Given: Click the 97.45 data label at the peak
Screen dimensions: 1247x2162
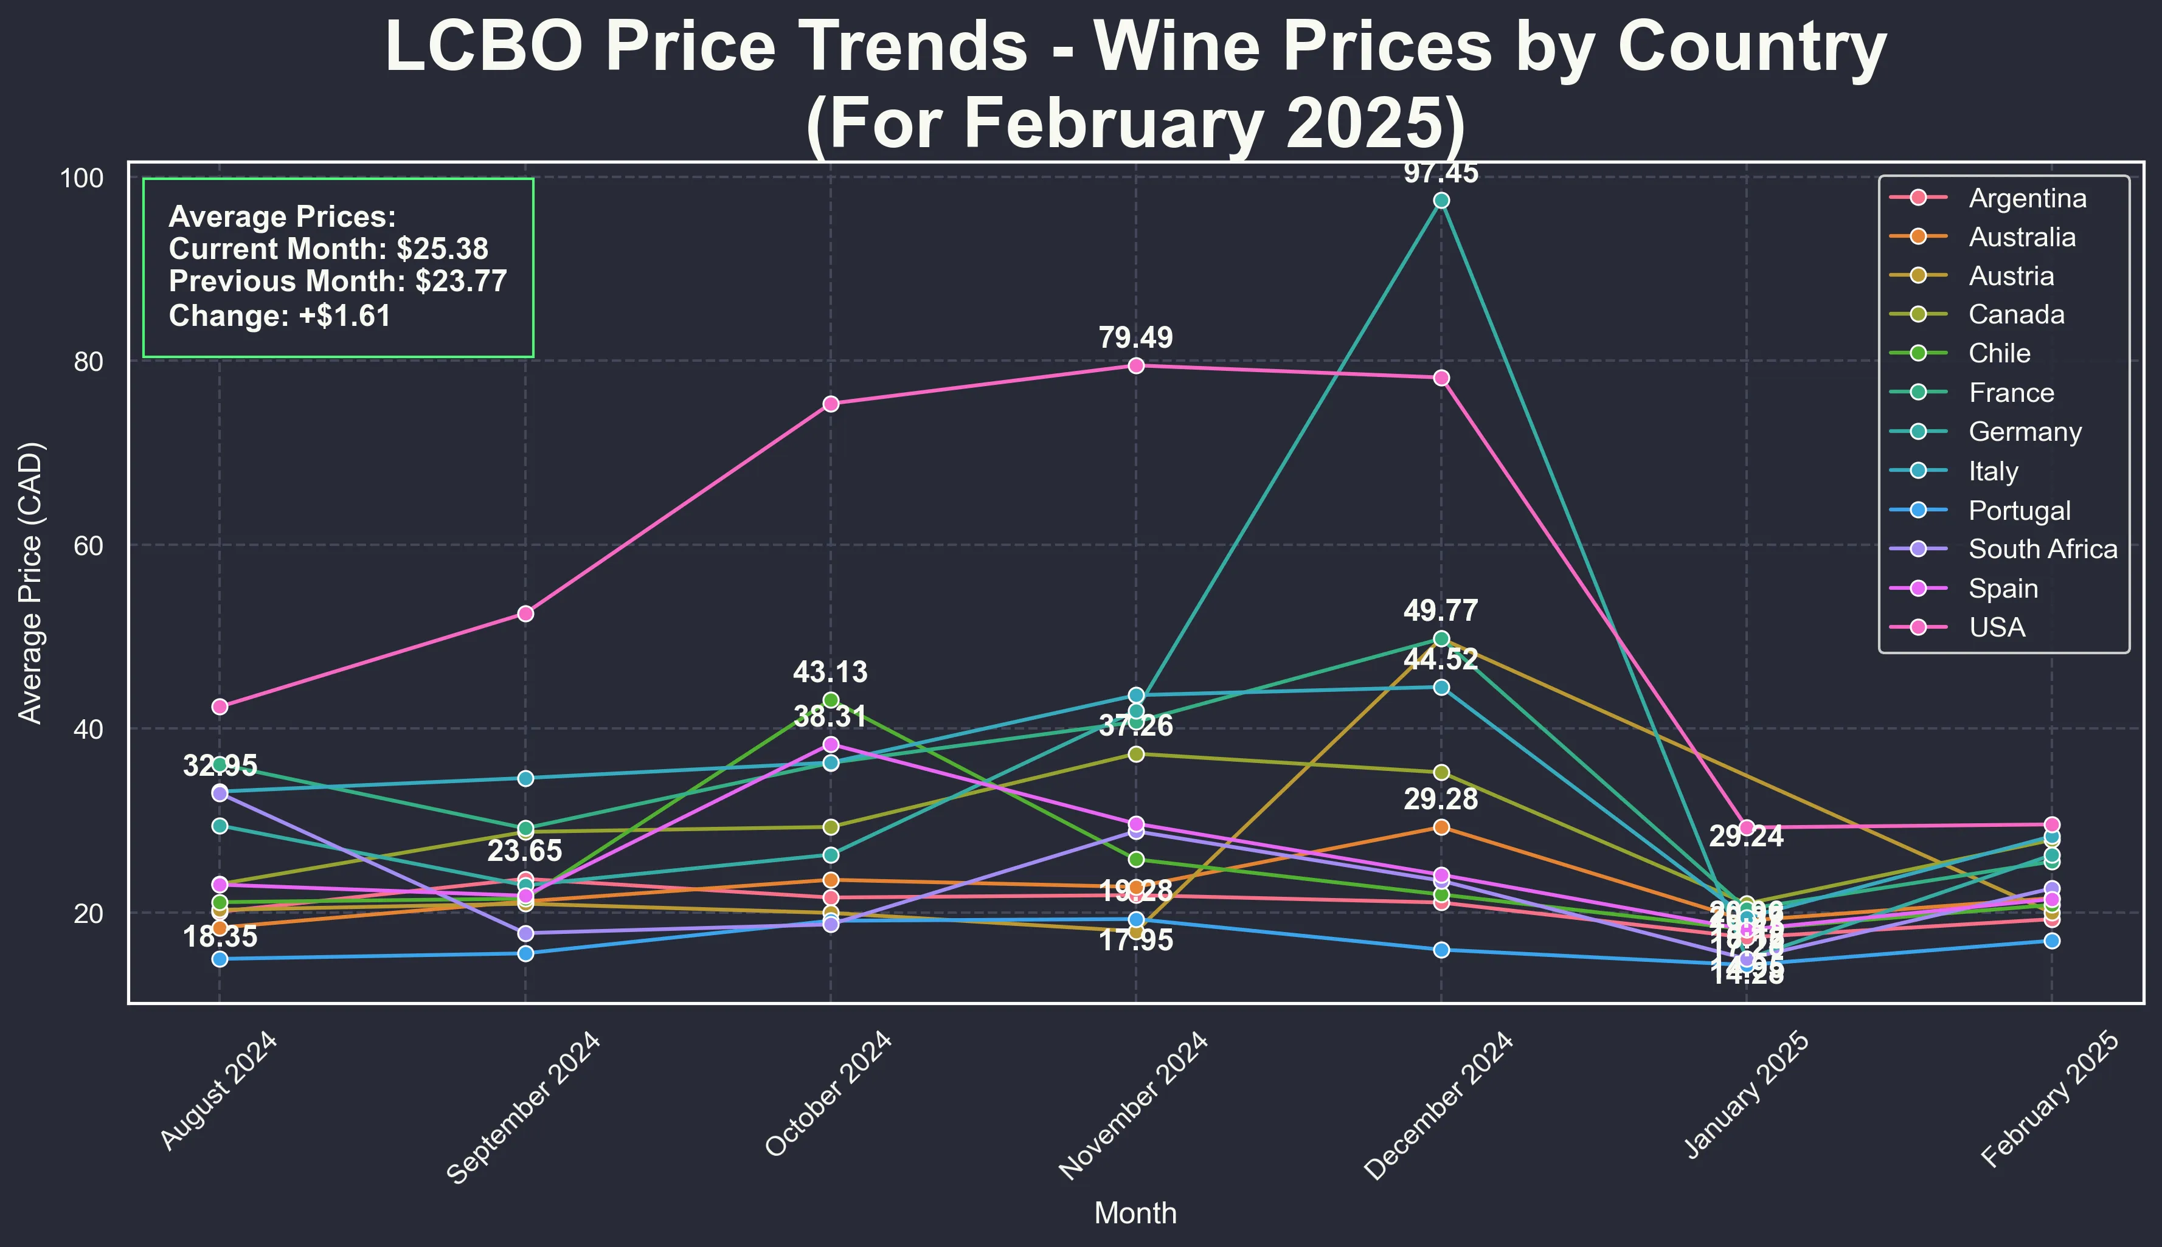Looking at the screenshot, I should (1441, 174).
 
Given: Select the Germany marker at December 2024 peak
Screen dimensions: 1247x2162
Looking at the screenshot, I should (1441, 201).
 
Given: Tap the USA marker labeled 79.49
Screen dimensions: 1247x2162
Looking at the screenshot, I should (1136, 365).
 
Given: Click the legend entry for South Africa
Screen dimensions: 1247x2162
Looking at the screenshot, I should (2042, 549).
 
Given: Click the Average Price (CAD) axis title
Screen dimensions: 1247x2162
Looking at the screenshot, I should (31, 582).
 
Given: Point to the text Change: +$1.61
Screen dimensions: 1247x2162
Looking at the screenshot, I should (280, 316).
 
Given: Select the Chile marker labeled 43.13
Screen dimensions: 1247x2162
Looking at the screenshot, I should (830, 700).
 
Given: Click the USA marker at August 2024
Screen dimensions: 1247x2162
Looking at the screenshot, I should (220, 706).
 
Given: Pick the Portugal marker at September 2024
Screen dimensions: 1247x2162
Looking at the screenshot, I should (525, 953).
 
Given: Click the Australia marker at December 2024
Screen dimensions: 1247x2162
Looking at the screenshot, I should (1441, 827).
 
